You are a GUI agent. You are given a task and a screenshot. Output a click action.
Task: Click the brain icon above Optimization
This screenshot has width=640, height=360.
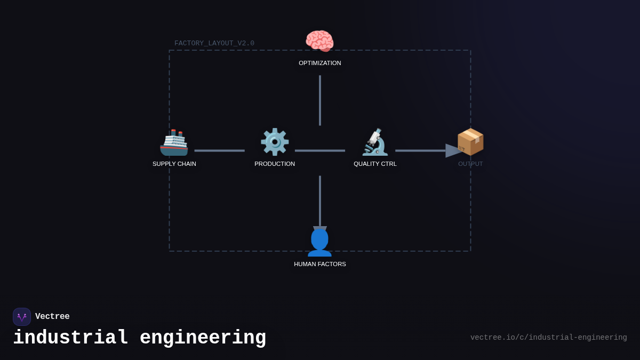[x=319, y=41]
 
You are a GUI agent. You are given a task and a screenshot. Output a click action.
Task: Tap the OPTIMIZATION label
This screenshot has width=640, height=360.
[x=320, y=63]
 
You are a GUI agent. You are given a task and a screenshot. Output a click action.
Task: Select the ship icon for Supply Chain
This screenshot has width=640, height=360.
[x=174, y=142]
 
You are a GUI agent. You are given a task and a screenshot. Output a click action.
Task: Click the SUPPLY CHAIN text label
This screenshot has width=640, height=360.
[x=174, y=164]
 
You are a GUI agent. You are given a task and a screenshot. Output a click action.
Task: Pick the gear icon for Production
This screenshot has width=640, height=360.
[x=275, y=142]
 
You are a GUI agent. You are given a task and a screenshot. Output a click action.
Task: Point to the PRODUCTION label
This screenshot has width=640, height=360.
[x=275, y=164]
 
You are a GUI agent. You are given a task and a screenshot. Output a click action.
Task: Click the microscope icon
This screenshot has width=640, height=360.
[x=375, y=142]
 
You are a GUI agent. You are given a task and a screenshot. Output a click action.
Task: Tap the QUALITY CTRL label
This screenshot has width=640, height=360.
[x=375, y=164]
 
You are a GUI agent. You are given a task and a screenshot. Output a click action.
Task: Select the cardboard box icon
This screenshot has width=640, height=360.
[x=470, y=142]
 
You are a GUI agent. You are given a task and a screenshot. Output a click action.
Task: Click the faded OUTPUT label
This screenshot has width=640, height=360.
[x=470, y=164]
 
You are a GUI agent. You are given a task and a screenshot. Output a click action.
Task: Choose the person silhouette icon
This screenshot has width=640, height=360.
[x=319, y=243]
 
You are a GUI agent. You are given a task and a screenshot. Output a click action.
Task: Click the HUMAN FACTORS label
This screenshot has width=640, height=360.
[x=320, y=264]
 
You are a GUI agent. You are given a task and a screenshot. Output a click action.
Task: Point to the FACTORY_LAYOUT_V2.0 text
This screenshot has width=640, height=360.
[x=214, y=43]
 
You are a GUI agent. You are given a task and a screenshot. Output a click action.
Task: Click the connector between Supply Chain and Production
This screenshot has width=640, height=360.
[x=219, y=150]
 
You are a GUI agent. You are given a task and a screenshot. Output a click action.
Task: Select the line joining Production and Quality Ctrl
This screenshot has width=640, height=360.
[x=320, y=150]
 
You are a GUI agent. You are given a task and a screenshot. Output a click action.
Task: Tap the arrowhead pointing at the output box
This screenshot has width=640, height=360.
[x=453, y=150]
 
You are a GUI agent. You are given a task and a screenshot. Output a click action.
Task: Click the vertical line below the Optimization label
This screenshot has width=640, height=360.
[x=320, y=100]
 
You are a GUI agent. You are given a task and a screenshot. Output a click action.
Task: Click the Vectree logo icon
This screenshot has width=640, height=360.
[x=22, y=317]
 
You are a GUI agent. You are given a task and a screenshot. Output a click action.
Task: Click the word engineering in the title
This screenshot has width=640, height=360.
[x=203, y=338]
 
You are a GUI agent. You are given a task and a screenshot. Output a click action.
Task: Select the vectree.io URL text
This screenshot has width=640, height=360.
[x=549, y=338]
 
